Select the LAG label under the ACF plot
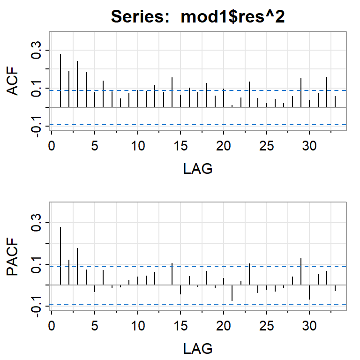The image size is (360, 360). pos(198,169)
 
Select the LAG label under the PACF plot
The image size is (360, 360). pos(198,348)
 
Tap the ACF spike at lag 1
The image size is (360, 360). pos(60,81)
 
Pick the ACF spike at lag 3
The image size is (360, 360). pos(77,84)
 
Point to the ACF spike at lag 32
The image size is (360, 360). pos(327,92)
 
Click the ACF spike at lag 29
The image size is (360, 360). pos(301,93)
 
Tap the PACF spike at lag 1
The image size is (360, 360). pos(60,255)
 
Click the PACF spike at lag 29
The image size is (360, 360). pos(301,271)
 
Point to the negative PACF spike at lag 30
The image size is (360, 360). pos(309,292)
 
